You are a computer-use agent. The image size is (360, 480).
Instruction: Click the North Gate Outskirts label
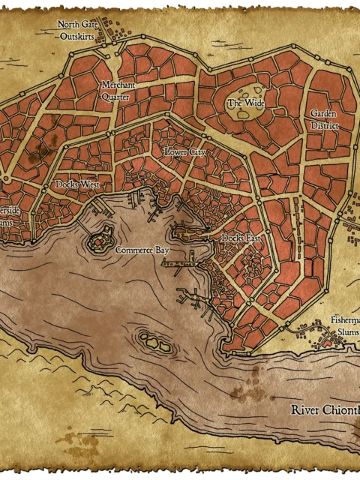point(78,29)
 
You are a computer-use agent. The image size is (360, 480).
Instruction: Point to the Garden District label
point(325,119)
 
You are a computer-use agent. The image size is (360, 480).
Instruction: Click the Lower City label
point(184,151)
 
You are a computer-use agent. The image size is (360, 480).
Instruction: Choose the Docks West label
point(77,184)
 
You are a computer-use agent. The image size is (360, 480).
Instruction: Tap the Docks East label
point(241,238)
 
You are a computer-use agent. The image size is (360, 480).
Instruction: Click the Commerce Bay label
point(142,250)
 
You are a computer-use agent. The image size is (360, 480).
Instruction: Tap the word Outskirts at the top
point(78,34)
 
